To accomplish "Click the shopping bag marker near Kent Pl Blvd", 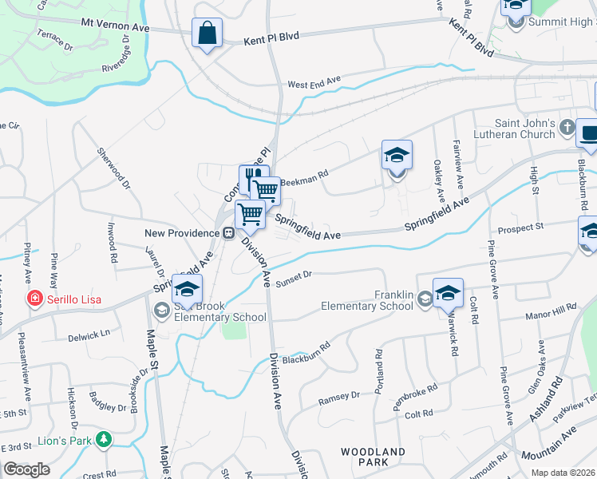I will click(207, 34).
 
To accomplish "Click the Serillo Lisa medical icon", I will click(34, 300).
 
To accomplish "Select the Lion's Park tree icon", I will click(102, 440).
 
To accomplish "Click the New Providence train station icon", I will click(227, 233).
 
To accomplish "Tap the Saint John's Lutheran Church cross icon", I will click(566, 128).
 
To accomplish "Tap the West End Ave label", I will click(314, 82).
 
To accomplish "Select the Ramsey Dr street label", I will click(339, 397).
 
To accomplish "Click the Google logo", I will click(27, 469).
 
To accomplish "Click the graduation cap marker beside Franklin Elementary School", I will click(448, 292).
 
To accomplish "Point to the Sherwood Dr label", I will click(114, 168).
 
